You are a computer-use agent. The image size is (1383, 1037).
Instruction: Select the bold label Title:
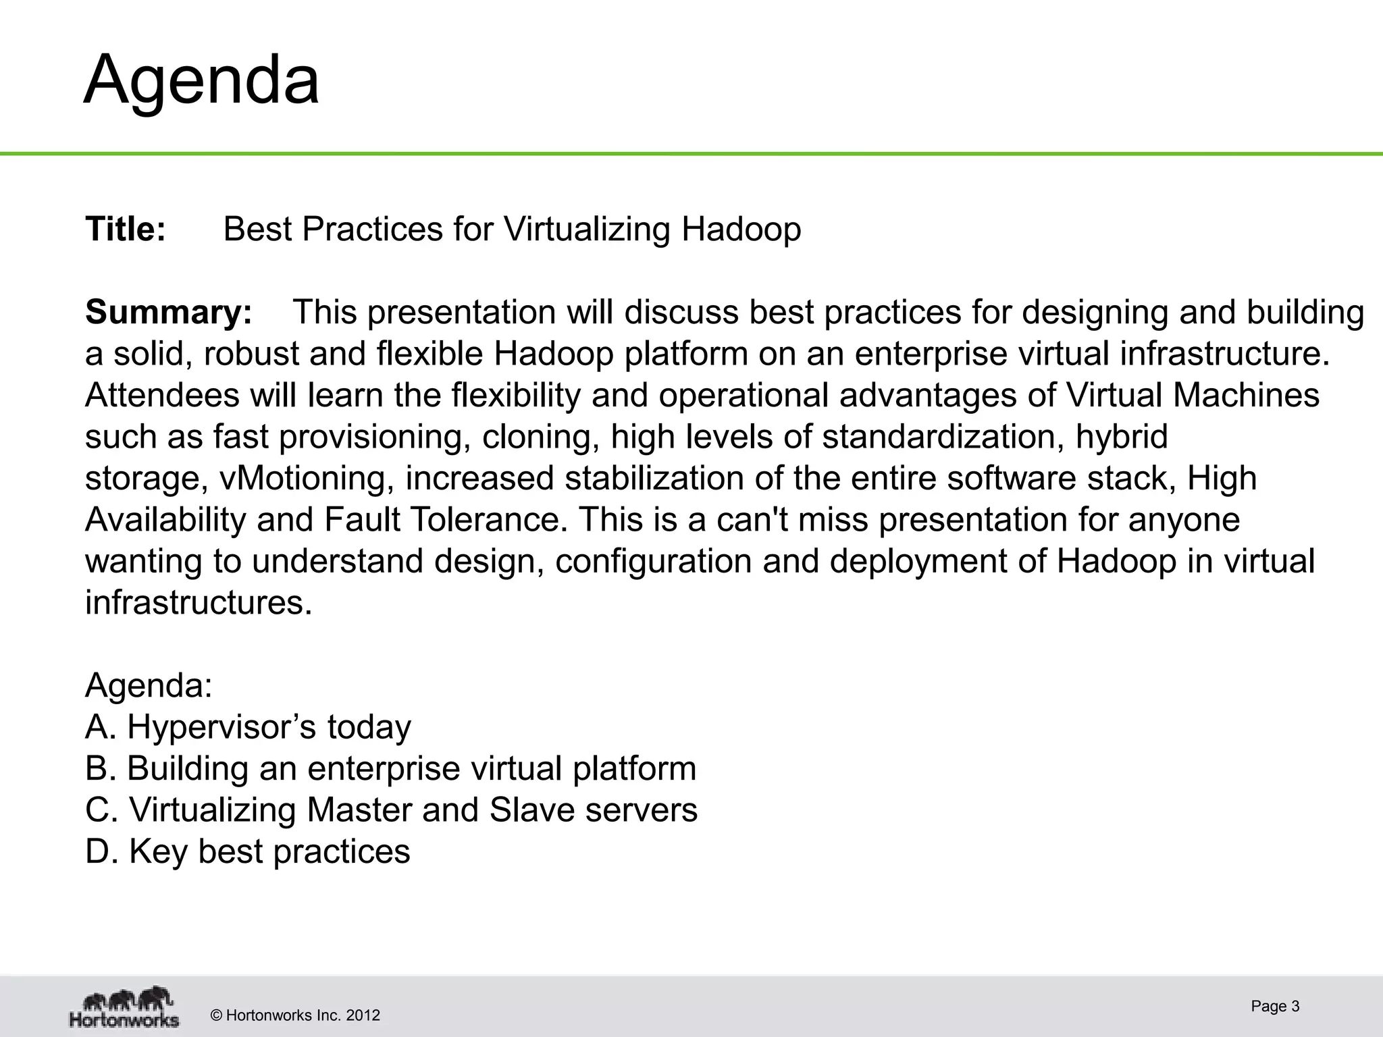pos(126,229)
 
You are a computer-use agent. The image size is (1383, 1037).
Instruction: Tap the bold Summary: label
pos(168,312)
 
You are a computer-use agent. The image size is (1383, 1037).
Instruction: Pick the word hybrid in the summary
pos(1122,437)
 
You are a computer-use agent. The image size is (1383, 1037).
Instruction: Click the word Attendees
pos(162,395)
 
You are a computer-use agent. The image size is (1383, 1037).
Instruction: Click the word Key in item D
pos(158,852)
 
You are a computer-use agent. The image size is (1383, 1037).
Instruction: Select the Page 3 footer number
pos(1275,1006)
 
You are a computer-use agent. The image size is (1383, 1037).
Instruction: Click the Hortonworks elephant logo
pos(124,1008)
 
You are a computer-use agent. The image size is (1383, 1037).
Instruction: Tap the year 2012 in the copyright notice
pos(363,1015)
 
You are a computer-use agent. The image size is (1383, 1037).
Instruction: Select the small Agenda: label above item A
pos(149,685)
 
